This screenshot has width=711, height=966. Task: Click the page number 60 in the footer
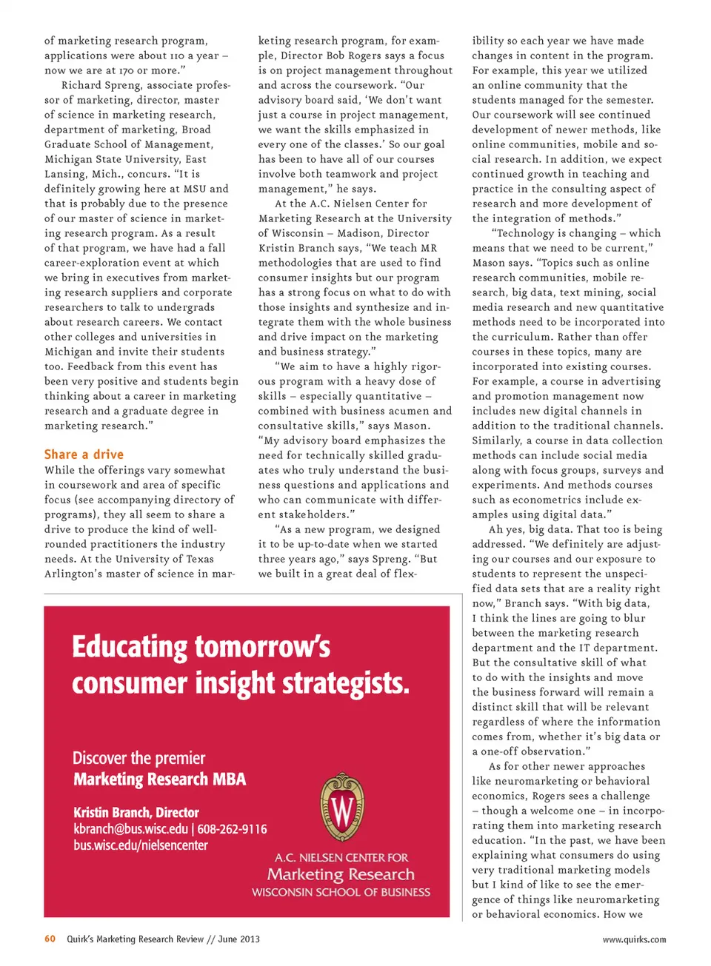click(50, 939)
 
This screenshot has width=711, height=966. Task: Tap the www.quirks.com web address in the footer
click(634, 939)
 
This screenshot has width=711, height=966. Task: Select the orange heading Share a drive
click(84, 455)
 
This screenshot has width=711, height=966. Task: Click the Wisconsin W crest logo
click(341, 808)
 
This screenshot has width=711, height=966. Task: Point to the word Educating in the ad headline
click(130, 647)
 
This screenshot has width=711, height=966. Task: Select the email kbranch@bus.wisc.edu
click(130, 829)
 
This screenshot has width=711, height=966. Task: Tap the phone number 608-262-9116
click(232, 829)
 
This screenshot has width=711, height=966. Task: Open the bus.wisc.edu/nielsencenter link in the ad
click(141, 845)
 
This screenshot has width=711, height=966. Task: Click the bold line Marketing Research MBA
click(159, 779)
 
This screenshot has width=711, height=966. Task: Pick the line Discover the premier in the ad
click(138, 758)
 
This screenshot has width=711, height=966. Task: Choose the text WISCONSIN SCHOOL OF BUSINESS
click(341, 892)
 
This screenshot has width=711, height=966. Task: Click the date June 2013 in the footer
click(238, 939)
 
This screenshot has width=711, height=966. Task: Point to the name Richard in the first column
click(81, 85)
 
